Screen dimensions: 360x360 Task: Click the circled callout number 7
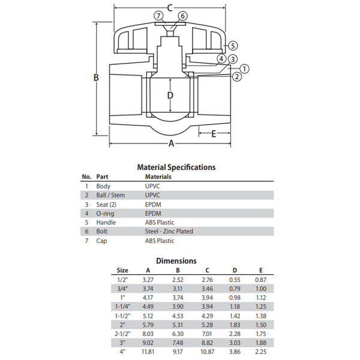coord(158,16)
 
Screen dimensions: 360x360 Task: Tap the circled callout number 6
coord(182,16)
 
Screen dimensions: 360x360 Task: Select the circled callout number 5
coord(233,46)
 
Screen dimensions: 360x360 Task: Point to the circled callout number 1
coord(245,68)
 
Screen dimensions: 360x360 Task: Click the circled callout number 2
coord(237,77)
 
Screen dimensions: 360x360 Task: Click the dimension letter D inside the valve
coord(170,95)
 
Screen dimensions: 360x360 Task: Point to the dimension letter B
coord(96,77)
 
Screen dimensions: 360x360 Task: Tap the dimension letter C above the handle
coord(170,8)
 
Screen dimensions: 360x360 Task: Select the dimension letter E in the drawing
coord(214,134)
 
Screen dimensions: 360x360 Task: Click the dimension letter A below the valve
coord(171,144)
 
